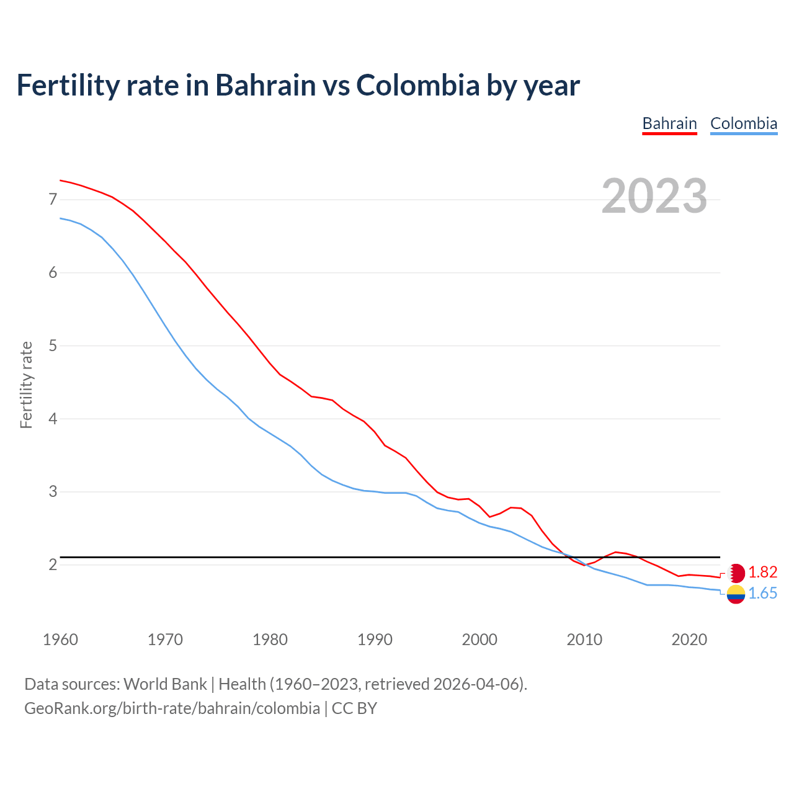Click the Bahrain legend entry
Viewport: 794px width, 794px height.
[x=669, y=123]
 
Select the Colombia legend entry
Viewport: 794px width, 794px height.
[x=743, y=123]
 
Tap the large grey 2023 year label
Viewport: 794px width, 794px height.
[x=654, y=196]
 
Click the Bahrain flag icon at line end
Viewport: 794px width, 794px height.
[x=736, y=573]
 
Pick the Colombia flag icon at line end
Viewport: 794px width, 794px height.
[x=736, y=594]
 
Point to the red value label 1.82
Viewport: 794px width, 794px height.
[x=762, y=572]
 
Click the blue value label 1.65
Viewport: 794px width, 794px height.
[x=762, y=594]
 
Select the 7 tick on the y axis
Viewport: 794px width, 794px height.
[x=53, y=200]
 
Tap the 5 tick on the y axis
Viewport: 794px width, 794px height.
[x=53, y=346]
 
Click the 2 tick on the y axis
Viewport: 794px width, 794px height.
[x=53, y=565]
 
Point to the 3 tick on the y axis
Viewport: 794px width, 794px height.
[x=53, y=492]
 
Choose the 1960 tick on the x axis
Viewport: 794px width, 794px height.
[x=60, y=640]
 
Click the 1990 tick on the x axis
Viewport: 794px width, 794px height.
[x=375, y=640]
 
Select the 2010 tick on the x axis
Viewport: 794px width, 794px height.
[x=584, y=640]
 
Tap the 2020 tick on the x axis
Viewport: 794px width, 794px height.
[x=689, y=640]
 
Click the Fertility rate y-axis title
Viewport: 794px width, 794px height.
[x=26, y=385]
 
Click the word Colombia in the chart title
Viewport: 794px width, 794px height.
[x=417, y=85]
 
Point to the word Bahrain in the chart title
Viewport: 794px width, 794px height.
[x=265, y=85]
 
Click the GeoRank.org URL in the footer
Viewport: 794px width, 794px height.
[x=172, y=708]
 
